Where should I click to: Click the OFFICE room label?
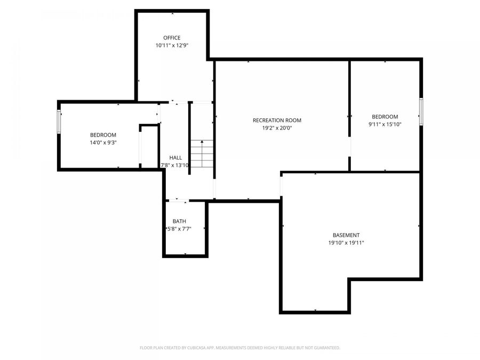coord(172,38)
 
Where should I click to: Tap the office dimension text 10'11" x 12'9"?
coord(172,46)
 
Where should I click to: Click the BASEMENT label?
coord(346,235)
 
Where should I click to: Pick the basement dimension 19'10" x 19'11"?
coord(346,243)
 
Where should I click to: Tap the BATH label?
coord(179,221)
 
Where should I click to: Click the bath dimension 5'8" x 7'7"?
coord(179,229)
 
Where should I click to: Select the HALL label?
coord(175,158)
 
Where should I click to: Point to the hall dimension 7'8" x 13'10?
coord(175,165)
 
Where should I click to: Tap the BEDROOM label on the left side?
coord(103,135)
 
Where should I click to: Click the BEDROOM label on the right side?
coord(385,117)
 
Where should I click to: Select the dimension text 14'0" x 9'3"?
coord(103,143)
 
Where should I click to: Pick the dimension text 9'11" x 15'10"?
coord(385,124)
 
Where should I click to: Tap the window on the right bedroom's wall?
coord(421,111)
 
